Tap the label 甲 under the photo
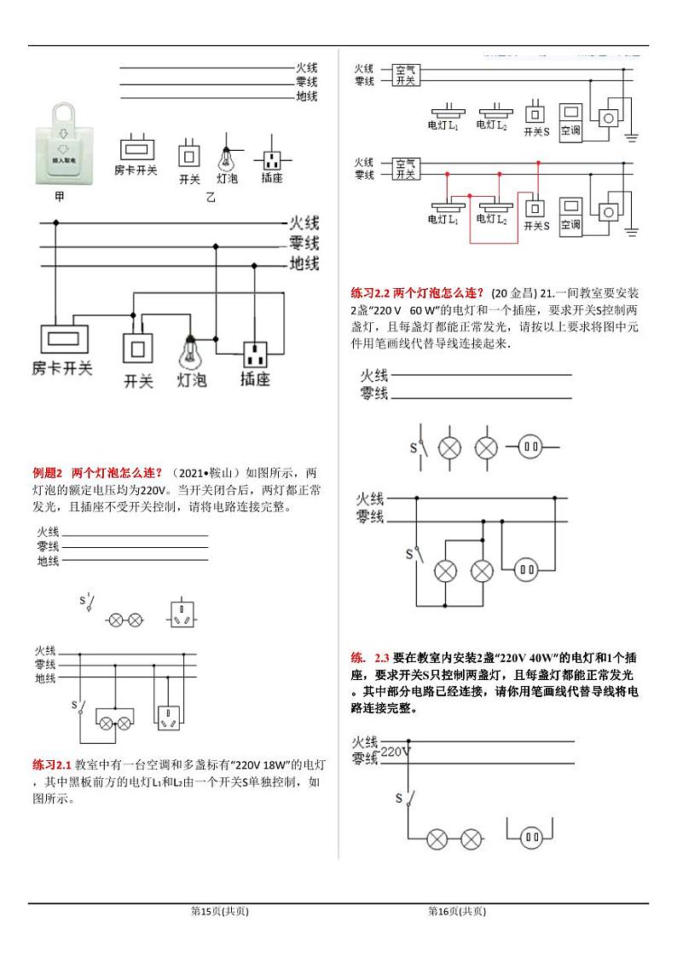point(59,197)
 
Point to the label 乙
point(211,198)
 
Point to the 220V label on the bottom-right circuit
point(395,752)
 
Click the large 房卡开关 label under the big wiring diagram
point(62,368)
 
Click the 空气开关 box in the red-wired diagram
point(405,168)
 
